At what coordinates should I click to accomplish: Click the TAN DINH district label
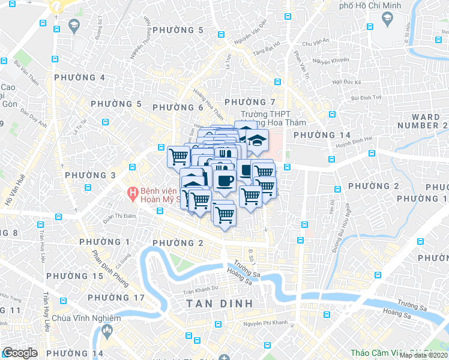point(219,304)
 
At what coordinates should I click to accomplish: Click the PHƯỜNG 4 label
point(79,77)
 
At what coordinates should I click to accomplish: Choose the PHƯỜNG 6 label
point(178,107)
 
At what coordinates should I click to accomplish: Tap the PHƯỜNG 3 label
point(89,175)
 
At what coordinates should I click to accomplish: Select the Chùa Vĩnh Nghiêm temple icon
point(107,330)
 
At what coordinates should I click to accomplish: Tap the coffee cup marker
point(224,181)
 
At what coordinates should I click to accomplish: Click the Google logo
point(20,353)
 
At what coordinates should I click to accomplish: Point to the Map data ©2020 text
point(423,355)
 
